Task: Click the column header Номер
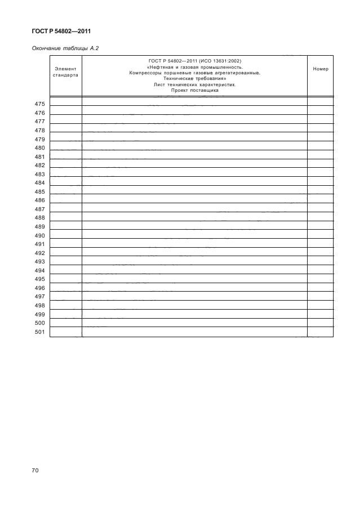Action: [x=320, y=69]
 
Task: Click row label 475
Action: [x=39, y=104]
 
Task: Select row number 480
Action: [x=39, y=148]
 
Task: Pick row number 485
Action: [x=39, y=192]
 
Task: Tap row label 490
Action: [x=39, y=236]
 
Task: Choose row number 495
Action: [x=39, y=280]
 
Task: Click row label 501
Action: [x=39, y=332]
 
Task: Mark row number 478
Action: [x=39, y=131]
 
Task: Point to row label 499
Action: [x=39, y=315]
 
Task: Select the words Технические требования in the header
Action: [x=194, y=79]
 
